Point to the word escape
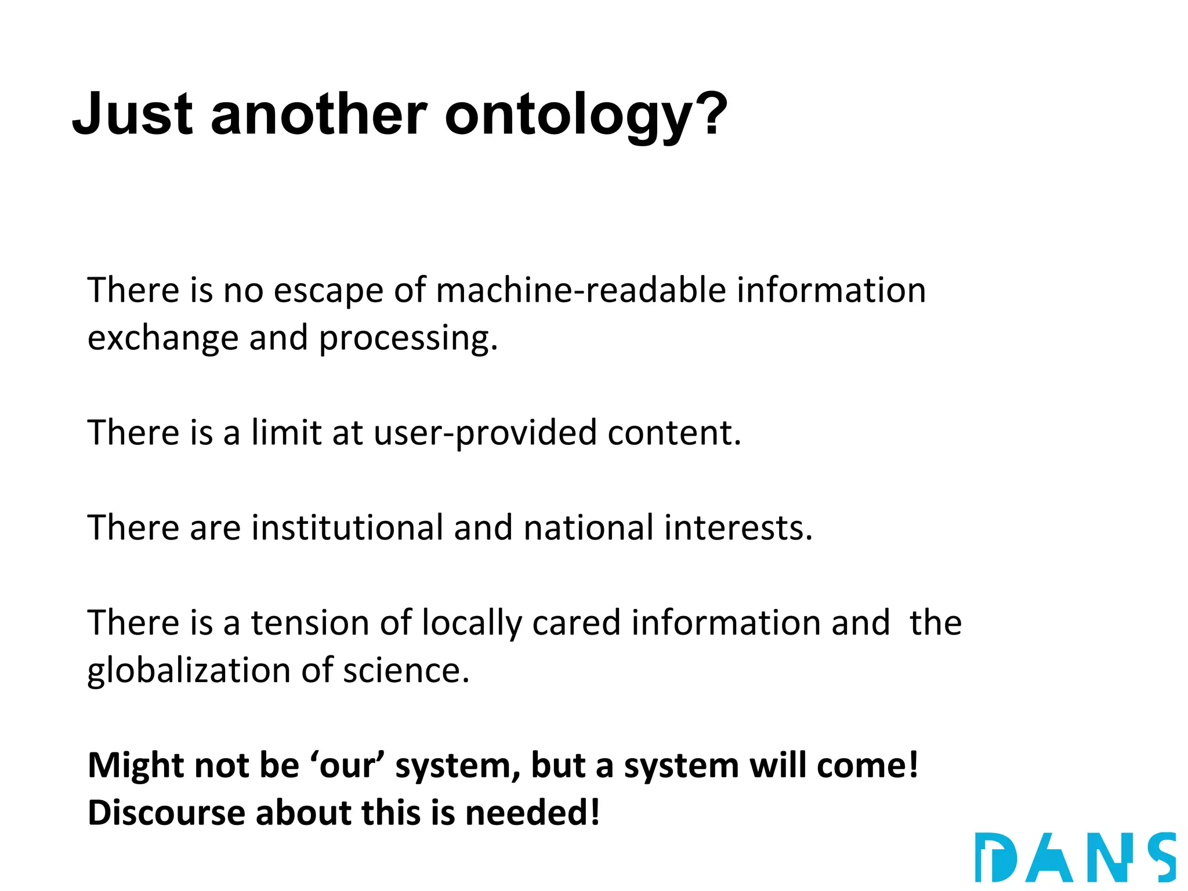[x=328, y=291]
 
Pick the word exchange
[x=163, y=338]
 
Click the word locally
[x=472, y=624]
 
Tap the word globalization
[x=189, y=671]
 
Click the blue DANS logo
[x=1075, y=857]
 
